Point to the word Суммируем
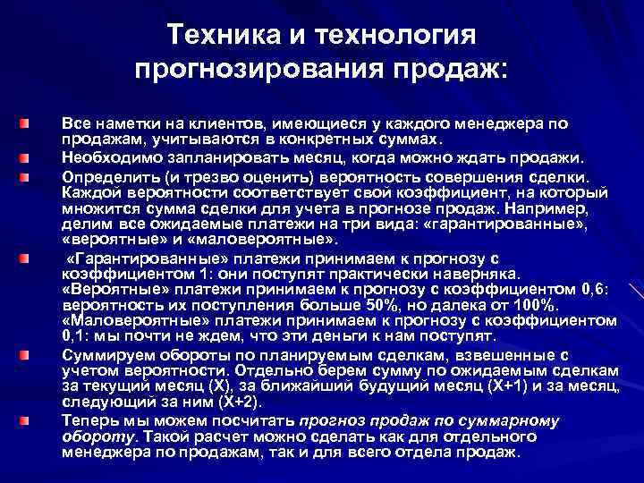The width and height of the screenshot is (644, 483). click(100, 354)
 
